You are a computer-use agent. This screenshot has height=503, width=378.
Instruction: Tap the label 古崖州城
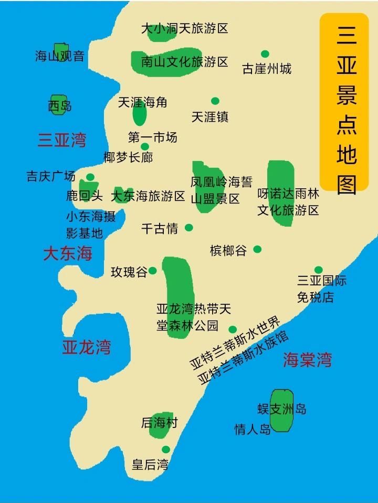click(267, 69)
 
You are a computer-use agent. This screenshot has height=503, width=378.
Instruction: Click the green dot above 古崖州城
click(265, 54)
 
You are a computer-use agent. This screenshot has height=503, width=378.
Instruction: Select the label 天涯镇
click(210, 116)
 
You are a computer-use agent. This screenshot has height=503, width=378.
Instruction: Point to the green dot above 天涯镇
click(215, 101)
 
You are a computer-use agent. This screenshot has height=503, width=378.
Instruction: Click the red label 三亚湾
click(62, 140)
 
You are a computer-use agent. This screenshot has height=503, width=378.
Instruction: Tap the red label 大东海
click(68, 254)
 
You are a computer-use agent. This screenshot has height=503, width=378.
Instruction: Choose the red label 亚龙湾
click(87, 347)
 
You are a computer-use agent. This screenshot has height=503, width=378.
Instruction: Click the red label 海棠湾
click(308, 360)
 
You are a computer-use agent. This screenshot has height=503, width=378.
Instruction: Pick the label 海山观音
click(60, 56)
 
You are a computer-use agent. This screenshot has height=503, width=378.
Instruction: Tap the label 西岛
click(60, 106)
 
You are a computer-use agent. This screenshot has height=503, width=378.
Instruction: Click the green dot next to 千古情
click(188, 228)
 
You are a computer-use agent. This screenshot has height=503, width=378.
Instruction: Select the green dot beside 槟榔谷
click(257, 249)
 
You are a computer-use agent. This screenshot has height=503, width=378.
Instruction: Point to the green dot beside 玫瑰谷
click(152, 271)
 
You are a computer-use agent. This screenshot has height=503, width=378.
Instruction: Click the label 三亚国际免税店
click(322, 289)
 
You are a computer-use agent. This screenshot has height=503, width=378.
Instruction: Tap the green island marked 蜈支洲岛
click(282, 410)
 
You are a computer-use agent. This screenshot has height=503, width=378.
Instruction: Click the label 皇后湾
click(150, 464)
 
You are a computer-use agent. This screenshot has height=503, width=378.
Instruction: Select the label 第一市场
click(153, 137)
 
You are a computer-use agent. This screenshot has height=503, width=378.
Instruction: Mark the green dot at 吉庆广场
click(90, 177)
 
